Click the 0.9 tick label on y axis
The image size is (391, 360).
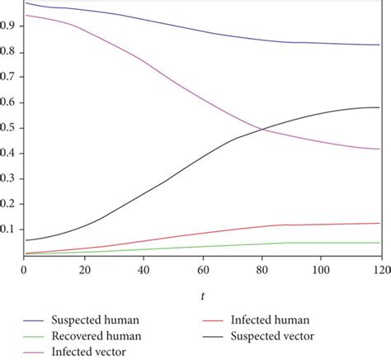coord(12,26)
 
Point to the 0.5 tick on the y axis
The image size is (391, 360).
coord(12,128)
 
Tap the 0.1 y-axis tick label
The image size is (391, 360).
coord(12,230)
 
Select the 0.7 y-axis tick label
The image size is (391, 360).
coord(12,78)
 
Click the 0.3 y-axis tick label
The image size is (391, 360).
coord(12,179)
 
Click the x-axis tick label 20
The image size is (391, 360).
coord(83,270)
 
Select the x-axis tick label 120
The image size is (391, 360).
coord(379,270)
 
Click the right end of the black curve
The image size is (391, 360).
coord(379,107)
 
